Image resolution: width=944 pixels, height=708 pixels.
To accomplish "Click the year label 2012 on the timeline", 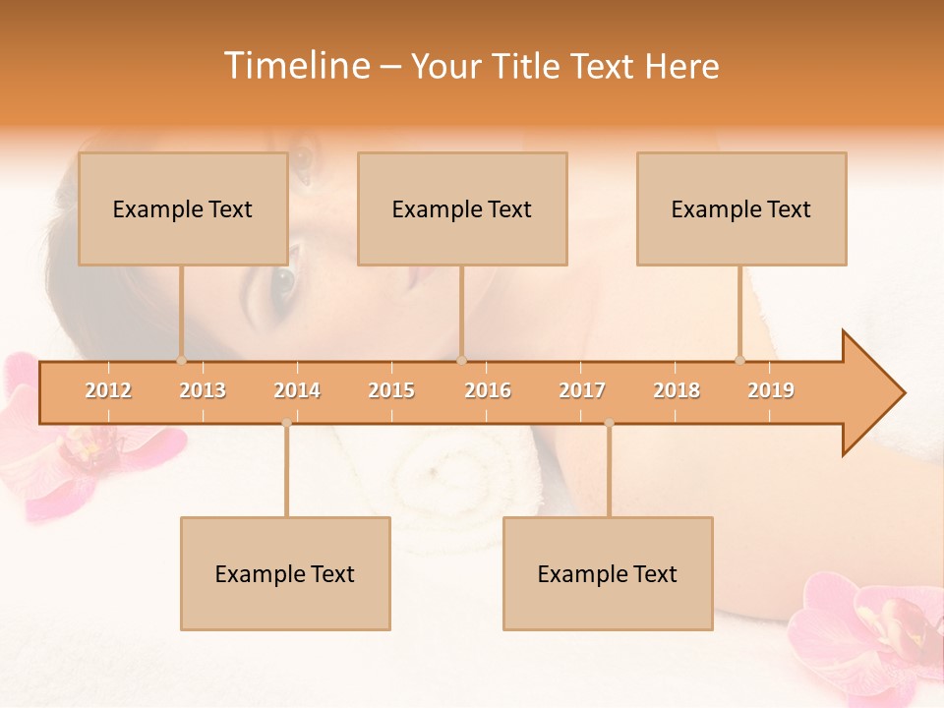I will tap(108, 390).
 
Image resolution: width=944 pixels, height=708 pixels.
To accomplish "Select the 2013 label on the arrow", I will tap(203, 390).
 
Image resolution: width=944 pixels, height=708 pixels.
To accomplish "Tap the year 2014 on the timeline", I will tap(297, 390).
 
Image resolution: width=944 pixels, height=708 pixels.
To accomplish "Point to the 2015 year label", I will tap(391, 390).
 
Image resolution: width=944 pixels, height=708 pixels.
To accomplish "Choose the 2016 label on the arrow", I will tap(488, 390).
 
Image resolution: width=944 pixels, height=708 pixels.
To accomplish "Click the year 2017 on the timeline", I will tap(582, 390).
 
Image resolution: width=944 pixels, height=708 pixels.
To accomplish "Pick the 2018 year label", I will tap(677, 390).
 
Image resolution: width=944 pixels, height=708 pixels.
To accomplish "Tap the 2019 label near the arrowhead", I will tap(771, 390).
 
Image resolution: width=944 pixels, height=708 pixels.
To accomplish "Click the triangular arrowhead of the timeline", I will tap(871, 393).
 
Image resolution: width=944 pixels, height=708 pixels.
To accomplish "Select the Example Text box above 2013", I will tap(183, 208).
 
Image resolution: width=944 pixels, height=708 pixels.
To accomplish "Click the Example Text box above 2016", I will tap(462, 208).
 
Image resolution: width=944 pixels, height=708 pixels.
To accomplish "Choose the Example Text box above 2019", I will tap(741, 208).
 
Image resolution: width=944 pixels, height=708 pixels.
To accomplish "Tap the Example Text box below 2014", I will tap(285, 573).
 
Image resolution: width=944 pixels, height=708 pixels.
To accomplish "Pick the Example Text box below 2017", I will tap(608, 573).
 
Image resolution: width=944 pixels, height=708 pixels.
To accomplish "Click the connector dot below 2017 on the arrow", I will tap(609, 423).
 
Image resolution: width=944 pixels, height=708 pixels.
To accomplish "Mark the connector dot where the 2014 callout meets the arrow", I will tap(286, 423).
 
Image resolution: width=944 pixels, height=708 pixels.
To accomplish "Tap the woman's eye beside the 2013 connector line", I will tap(282, 282).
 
